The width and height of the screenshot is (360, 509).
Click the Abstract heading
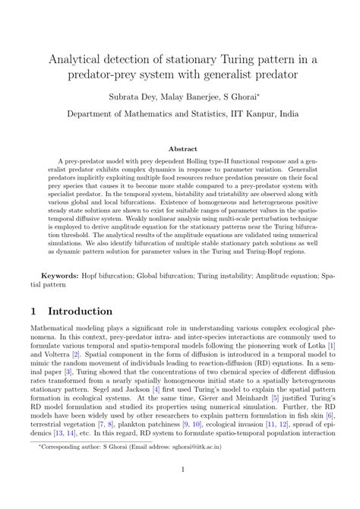coord(179,150)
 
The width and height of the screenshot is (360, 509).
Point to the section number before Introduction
coord(34,312)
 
